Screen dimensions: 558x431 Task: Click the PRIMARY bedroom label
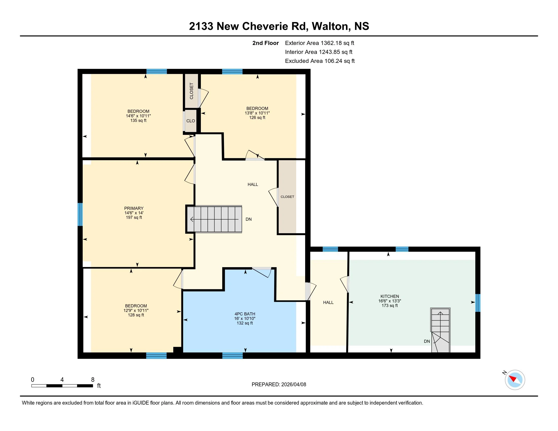(x=134, y=208)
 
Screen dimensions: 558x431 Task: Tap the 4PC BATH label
(x=245, y=314)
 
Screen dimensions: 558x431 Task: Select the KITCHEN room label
(x=390, y=296)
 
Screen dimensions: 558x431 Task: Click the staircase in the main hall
(x=214, y=219)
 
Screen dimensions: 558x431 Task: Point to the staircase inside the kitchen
(x=441, y=330)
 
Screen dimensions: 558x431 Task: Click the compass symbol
(x=515, y=380)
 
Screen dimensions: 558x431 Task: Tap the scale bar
(x=62, y=386)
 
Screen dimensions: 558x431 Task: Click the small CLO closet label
(x=190, y=121)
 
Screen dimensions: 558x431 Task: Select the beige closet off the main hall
(x=287, y=197)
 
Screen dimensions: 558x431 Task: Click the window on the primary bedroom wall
(x=80, y=214)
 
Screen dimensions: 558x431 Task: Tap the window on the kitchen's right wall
(x=478, y=303)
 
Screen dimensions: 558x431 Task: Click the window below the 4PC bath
(x=233, y=356)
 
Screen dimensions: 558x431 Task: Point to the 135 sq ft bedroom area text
(x=138, y=120)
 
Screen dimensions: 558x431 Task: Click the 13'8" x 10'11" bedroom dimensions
(x=257, y=113)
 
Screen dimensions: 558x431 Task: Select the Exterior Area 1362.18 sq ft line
(x=320, y=43)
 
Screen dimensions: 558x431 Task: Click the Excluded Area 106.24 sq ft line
(x=320, y=61)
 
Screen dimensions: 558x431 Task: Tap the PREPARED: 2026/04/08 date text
(x=279, y=385)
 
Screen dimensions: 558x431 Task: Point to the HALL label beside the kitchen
(x=328, y=302)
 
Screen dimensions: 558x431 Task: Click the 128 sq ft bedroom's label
(x=136, y=306)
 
